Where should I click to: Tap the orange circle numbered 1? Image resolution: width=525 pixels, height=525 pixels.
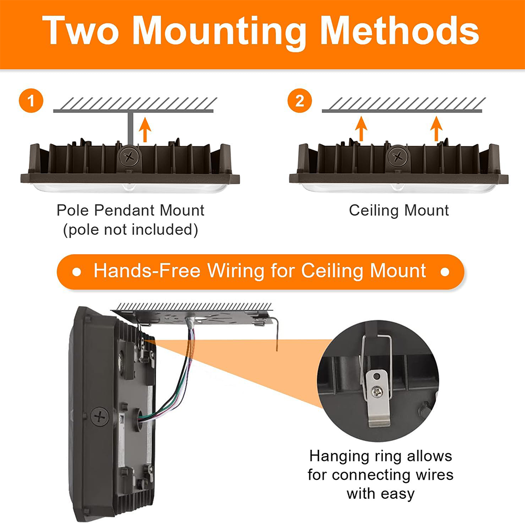(x=32, y=100)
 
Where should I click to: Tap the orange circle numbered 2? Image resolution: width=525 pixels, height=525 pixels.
(x=300, y=100)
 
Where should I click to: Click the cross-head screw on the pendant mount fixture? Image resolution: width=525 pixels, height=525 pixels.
(x=128, y=155)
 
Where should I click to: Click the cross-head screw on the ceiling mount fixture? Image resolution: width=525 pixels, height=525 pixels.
(x=400, y=156)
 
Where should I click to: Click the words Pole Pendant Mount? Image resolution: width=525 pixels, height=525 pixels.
(x=130, y=211)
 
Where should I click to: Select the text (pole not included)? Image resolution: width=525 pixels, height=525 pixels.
(x=130, y=230)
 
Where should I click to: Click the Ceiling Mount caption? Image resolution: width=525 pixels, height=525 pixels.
(x=399, y=211)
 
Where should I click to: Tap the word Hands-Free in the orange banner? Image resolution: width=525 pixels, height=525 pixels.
(x=146, y=271)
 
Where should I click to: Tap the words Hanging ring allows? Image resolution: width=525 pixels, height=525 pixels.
(x=380, y=455)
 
